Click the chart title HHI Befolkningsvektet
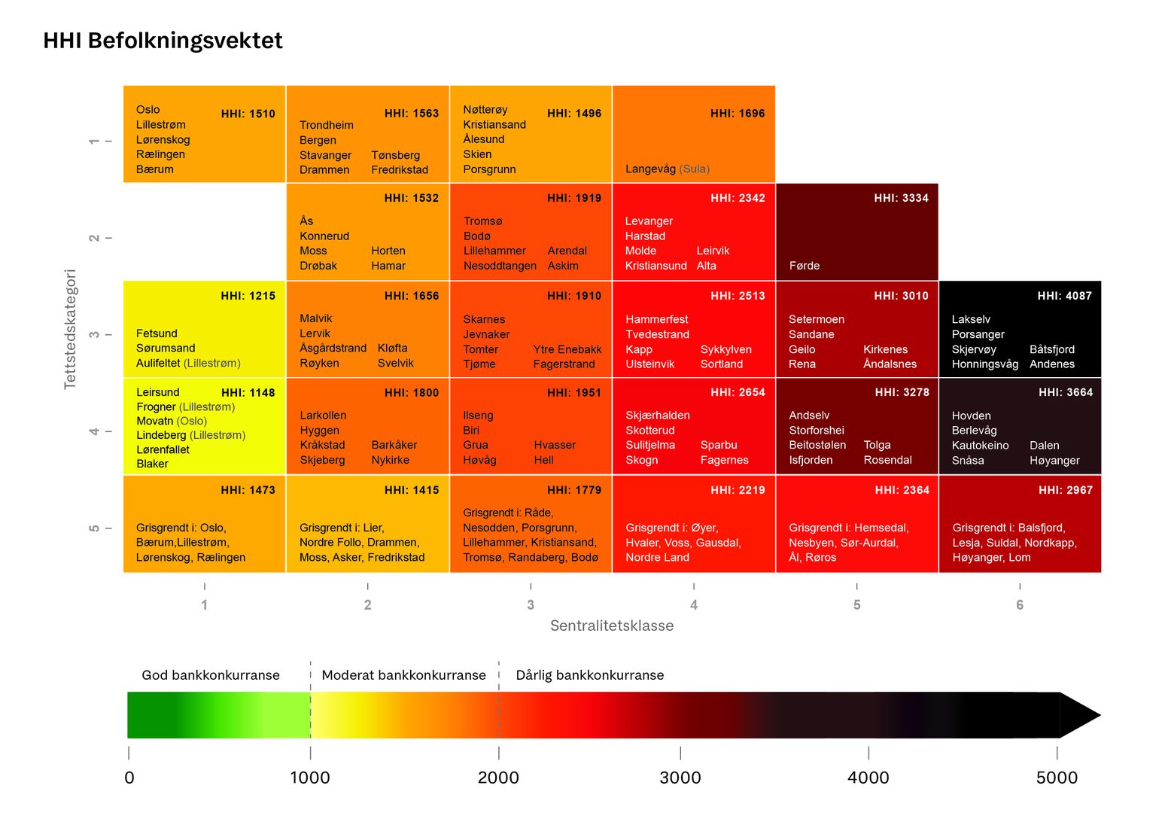pyautogui.click(x=163, y=41)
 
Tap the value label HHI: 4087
pyautogui.click(x=1064, y=296)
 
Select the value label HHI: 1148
pyautogui.click(x=248, y=392)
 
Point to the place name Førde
pyautogui.click(x=804, y=266)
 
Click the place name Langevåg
pyautogui.click(x=650, y=169)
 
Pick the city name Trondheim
pyautogui.click(x=326, y=125)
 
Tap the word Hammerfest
pyautogui.click(x=656, y=319)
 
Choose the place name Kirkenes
pyautogui.click(x=885, y=349)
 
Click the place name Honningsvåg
pyautogui.click(x=984, y=364)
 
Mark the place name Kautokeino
pyautogui.click(x=980, y=445)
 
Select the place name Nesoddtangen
pyautogui.click(x=500, y=266)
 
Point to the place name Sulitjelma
pyautogui.click(x=650, y=445)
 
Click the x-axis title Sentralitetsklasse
pyautogui.click(x=612, y=626)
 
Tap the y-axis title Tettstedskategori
pyautogui.click(x=70, y=329)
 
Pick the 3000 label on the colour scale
pyautogui.click(x=680, y=778)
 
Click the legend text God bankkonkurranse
pyautogui.click(x=211, y=675)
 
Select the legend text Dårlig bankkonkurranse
pyautogui.click(x=589, y=675)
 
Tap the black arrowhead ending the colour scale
pyautogui.click(x=1078, y=715)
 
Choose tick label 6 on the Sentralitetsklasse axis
pyautogui.click(x=1020, y=604)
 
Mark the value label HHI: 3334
pyautogui.click(x=901, y=198)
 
